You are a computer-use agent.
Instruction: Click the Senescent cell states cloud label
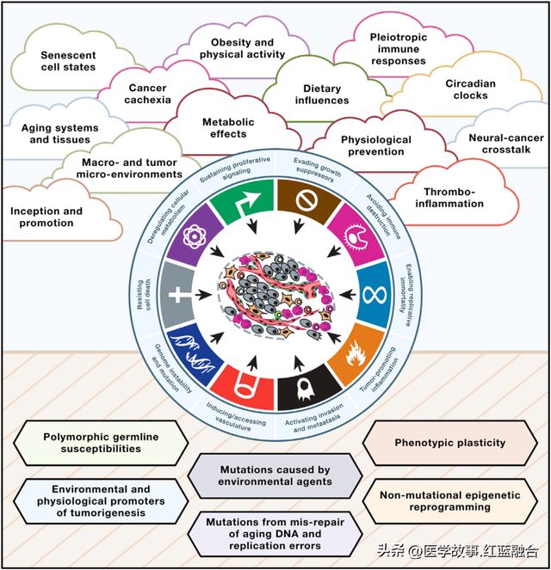click(x=68, y=61)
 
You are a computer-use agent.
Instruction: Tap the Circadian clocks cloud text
click(x=471, y=89)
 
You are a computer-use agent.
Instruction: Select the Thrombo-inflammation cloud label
click(x=449, y=198)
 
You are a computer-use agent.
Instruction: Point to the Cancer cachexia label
click(x=147, y=94)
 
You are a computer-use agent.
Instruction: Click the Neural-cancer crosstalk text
click(x=506, y=144)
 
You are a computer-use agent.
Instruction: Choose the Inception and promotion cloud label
click(x=46, y=217)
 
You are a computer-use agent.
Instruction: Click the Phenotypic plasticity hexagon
click(x=449, y=443)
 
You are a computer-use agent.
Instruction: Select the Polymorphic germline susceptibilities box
click(x=101, y=443)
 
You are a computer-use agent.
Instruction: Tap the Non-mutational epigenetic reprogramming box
click(x=449, y=501)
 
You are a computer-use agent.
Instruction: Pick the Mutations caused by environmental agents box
click(x=275, y=475)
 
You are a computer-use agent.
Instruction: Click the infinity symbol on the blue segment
click(x=375, y=295)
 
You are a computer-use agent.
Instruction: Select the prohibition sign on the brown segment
click(x=306, y=200)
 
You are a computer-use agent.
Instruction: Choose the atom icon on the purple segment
click(x=195, y=236)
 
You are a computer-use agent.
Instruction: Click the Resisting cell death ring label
click(x=144, y=294)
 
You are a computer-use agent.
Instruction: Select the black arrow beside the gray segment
click(x=203, y=295)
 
